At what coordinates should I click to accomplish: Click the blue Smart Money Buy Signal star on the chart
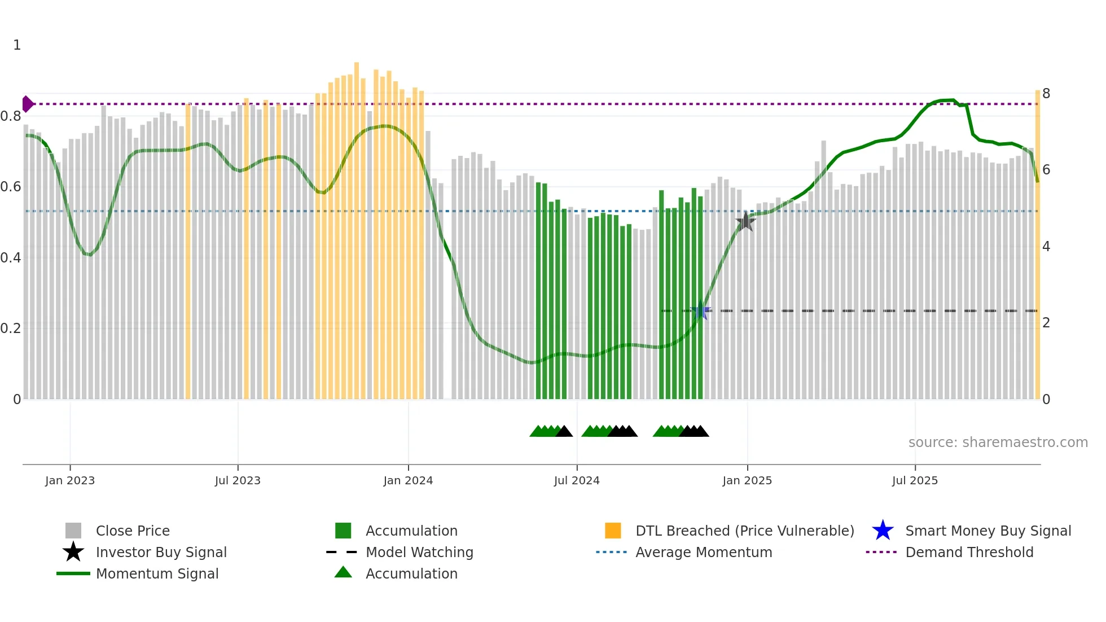coord(700,310)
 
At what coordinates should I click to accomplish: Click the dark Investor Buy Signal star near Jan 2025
coord(745,222)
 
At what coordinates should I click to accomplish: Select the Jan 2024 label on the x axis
coord(408,480)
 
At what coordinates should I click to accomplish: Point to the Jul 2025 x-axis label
coord(915,480)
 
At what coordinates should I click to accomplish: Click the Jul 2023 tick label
coord(238,480)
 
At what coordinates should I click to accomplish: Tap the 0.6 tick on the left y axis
coord(11,187)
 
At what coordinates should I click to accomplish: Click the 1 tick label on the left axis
coord(17,45)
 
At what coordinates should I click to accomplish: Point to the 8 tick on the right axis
coord(1046,94)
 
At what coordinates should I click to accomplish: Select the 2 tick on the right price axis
coord(1046,323)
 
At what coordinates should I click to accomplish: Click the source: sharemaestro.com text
coord(998,443)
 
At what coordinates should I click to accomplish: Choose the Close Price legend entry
coord(133,531)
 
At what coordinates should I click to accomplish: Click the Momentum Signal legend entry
coord(157,573)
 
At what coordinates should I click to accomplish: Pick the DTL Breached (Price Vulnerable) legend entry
coord(744,531)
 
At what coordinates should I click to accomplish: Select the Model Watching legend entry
coord(419,552)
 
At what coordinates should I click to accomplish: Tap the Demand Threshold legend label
coord(969,552)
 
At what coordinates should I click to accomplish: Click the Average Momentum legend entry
coord(704,552)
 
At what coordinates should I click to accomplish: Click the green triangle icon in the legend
coord(343,572)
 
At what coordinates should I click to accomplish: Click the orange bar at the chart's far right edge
coord(1037,243)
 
